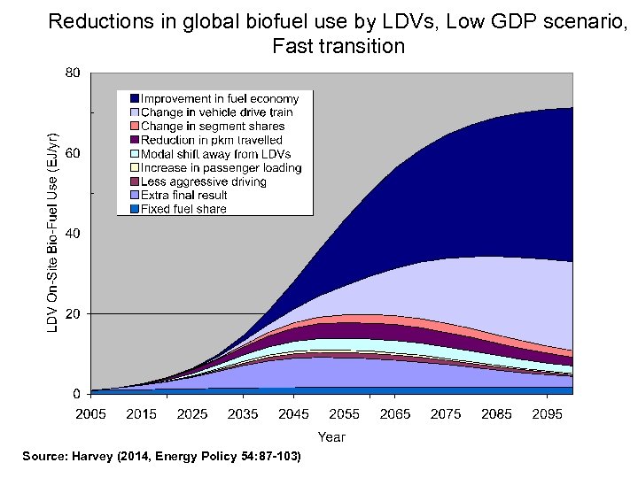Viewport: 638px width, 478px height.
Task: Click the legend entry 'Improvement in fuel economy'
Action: [220, 98]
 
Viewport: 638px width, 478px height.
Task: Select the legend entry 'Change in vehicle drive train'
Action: [216, 112]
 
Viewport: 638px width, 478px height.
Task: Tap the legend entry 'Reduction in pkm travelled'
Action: [211, 140]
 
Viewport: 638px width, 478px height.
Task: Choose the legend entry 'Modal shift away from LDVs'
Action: [215, 154]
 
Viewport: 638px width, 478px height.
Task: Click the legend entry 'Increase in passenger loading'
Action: [221, 167]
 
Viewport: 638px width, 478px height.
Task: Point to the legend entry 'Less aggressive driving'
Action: [203, 181]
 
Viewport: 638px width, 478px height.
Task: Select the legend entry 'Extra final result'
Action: [183, 195]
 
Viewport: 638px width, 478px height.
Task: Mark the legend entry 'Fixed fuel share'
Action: [183, 209]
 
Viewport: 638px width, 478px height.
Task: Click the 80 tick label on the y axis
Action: [74, 73]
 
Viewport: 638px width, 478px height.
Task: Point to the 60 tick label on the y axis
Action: [74, 153]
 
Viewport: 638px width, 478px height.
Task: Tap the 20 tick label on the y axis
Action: [74, 313]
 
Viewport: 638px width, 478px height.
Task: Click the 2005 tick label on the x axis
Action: [90, 413]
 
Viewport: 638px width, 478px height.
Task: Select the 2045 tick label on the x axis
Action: [293, 413]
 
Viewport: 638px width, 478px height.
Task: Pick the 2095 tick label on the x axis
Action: [548, 413]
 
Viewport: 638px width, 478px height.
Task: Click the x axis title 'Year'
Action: [331, 436]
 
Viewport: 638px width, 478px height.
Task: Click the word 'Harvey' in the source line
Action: [91, 457]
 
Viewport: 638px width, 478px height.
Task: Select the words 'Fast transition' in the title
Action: [338, 45]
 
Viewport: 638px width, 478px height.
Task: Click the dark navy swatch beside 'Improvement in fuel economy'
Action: [134, 98]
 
